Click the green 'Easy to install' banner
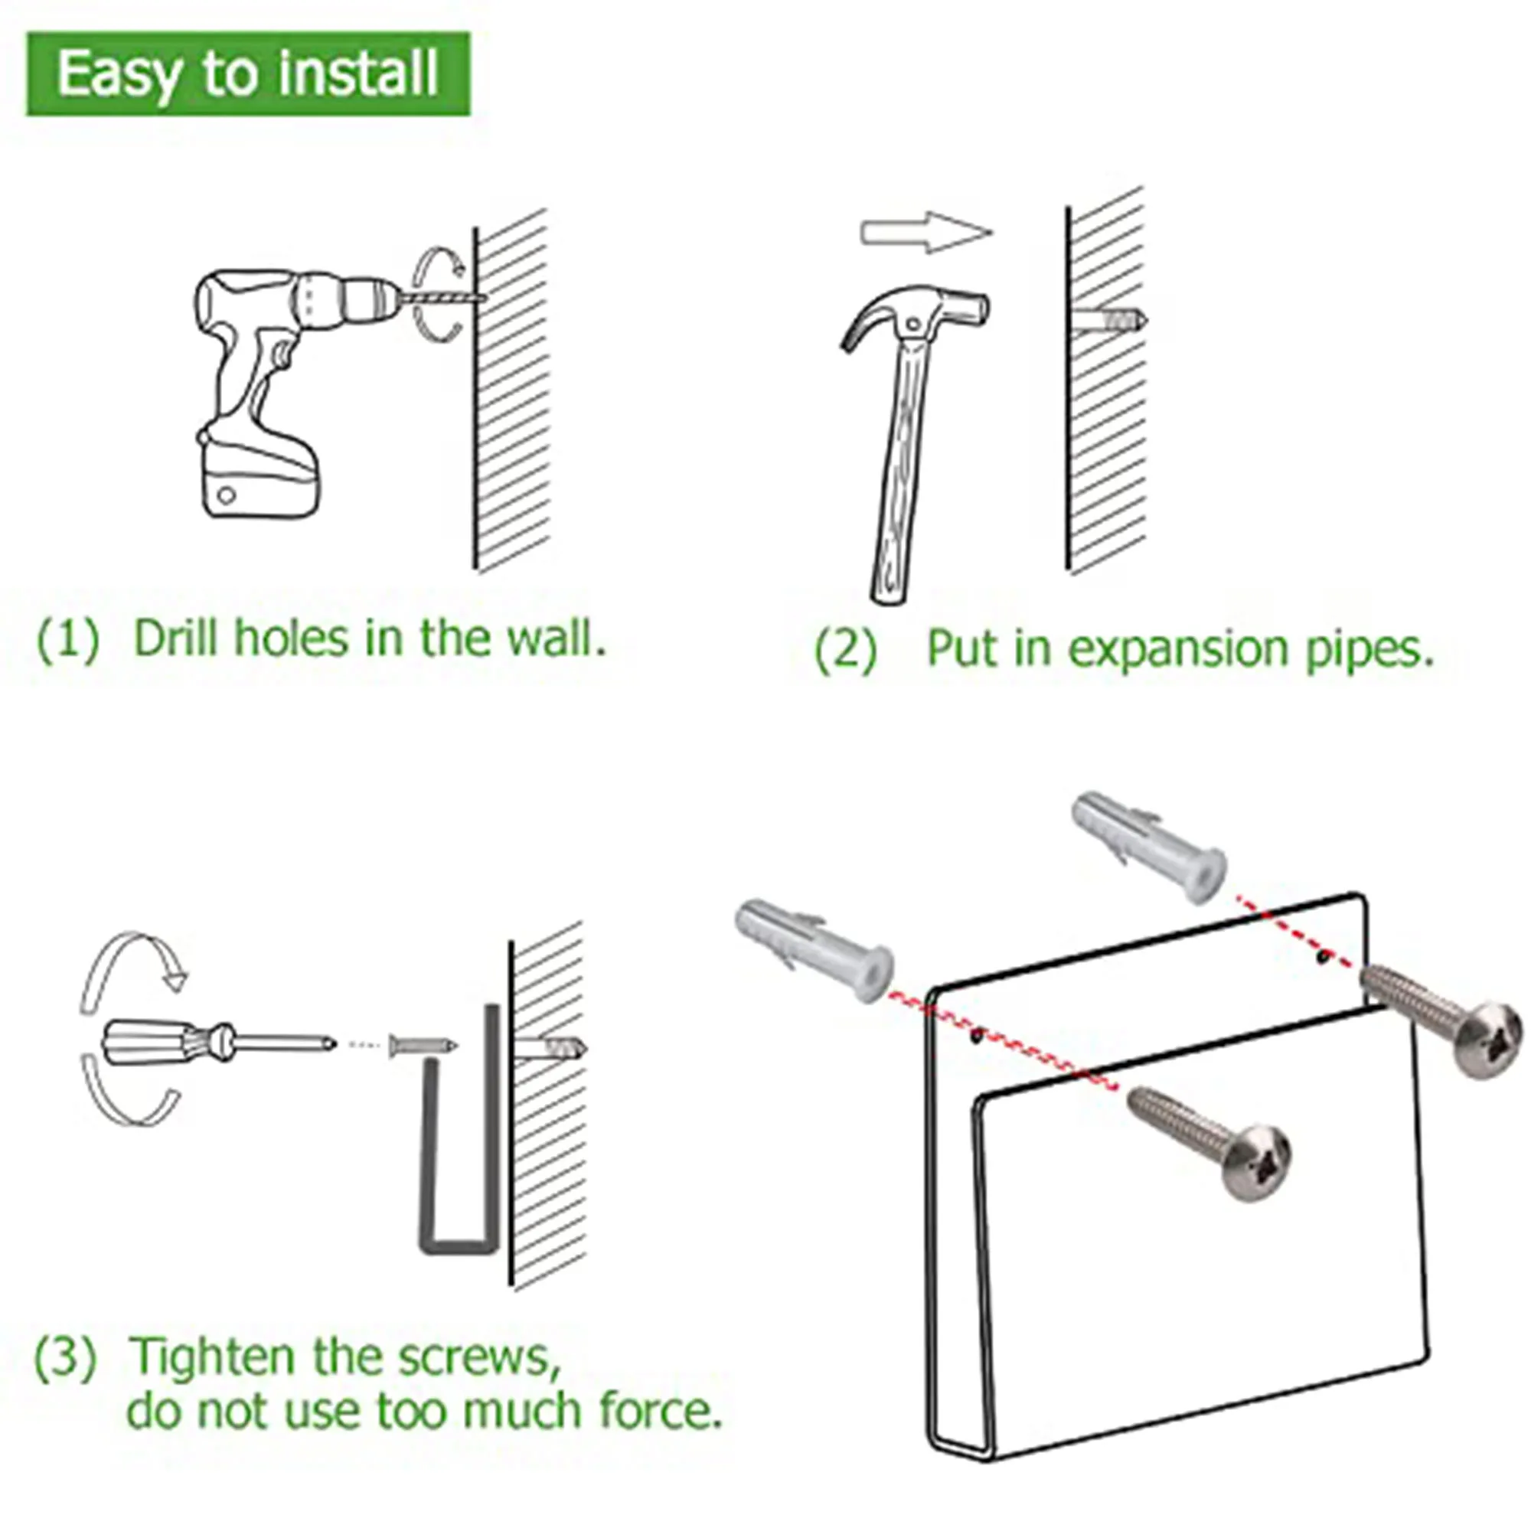pos(248,73)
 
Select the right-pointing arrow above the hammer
pos(926,232)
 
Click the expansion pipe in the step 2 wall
pos(1109,320)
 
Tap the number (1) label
pos(68,638)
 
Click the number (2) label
pos(847,650)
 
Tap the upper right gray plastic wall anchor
pos(1149,844)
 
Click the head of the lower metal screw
pos(1256,1162)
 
